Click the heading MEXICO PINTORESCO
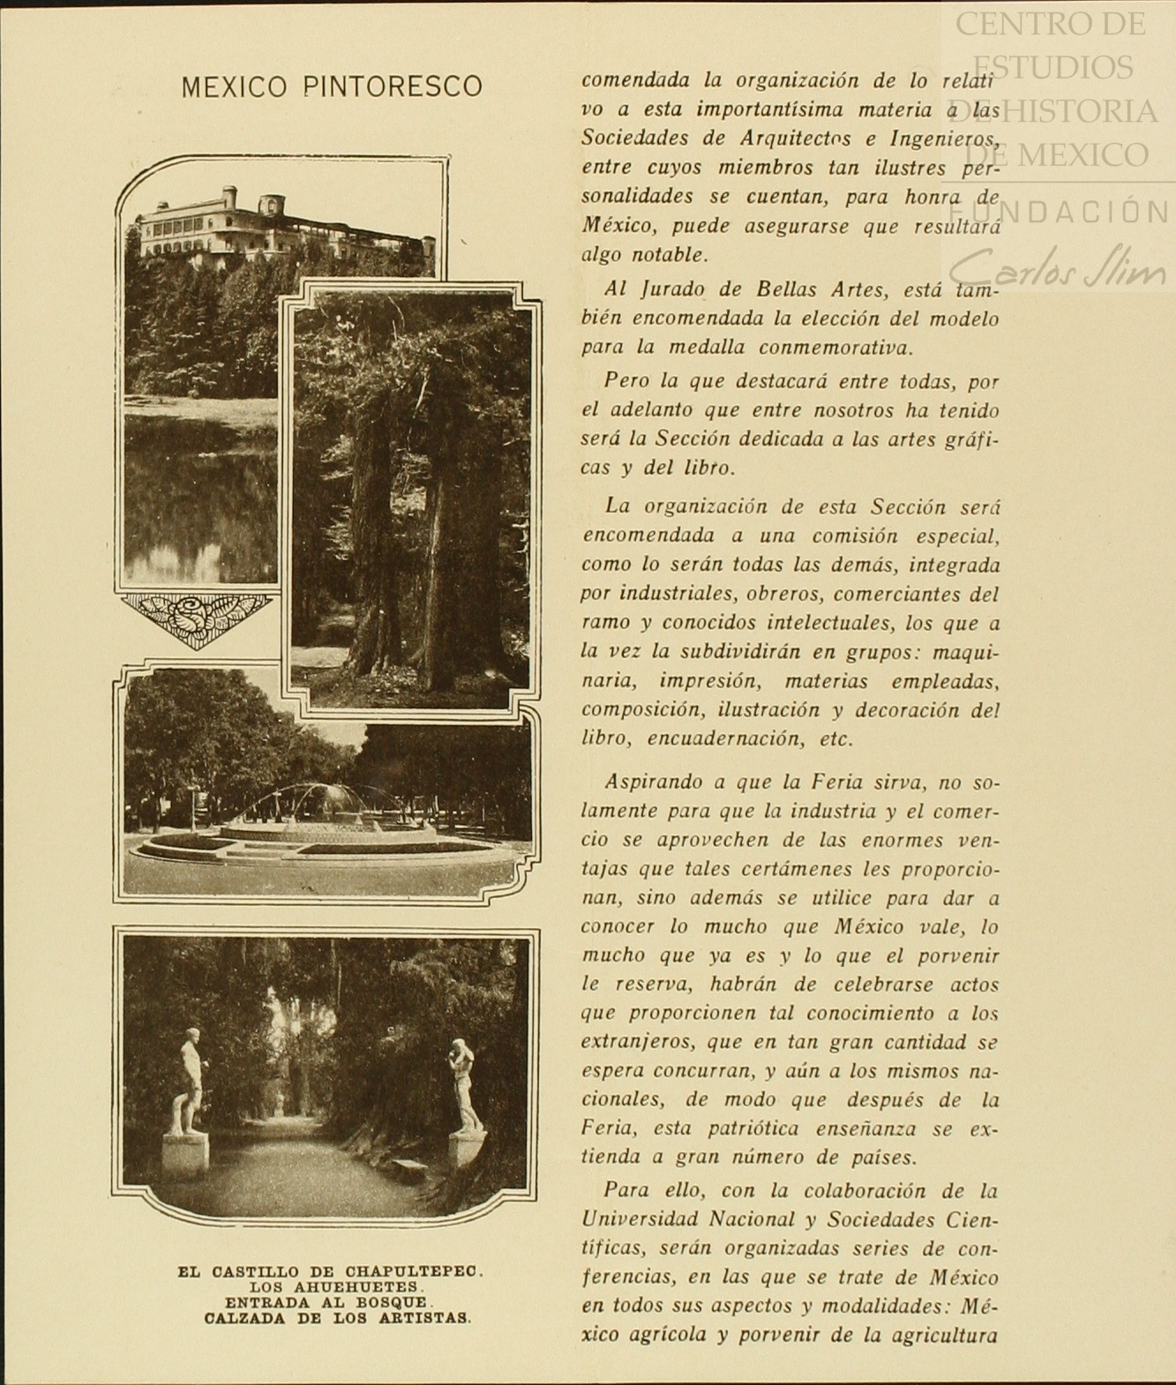(x=331, y=86)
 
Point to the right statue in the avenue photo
(x=464, y=1085)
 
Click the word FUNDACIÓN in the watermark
(x=1059, y=213)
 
